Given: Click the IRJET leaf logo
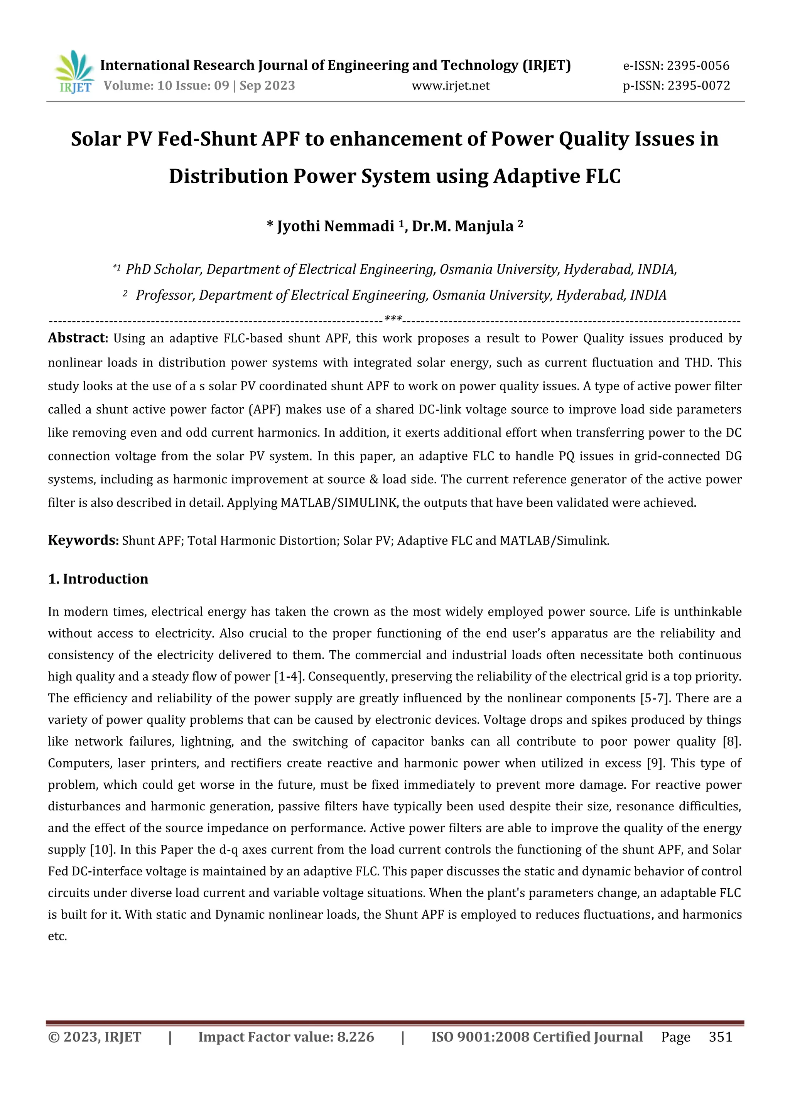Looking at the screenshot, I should pyautogui.click(x=74, y=72).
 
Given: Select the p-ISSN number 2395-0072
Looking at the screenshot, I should pyautogui.click(x=699, y=86).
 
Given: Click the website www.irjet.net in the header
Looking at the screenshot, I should pyautogui.click(x=451, y=86).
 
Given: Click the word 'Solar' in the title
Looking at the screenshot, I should pyautogui.click(x=95, y=139).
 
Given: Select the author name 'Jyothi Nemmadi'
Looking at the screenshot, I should pyautogui.click(x=335, y=226).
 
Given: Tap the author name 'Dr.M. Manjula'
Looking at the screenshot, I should pyautogui.click(x=463, y=226).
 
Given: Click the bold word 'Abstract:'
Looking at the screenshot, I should pyautogui.click(x=78, y=338).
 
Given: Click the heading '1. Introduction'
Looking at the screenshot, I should pyautogui.click(x=98, y=579).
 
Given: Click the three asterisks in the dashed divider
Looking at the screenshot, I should pyautogui.click(x=393, y=319).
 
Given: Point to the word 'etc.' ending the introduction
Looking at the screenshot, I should pyautogui.click(x=57, y=936).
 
